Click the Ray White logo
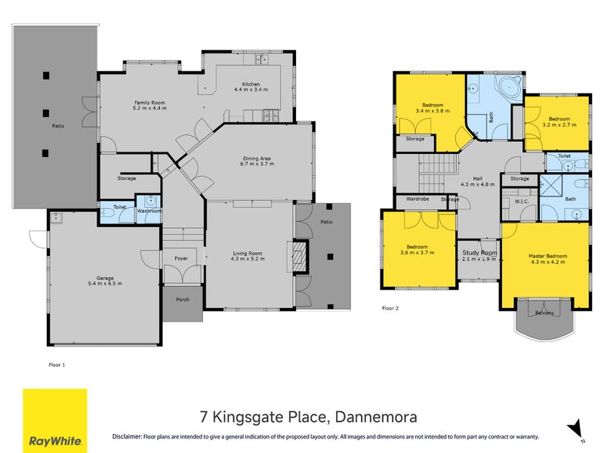point(54,421)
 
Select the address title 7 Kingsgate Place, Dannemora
point(308,417)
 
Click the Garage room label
point(104,279)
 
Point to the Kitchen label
point(251,84)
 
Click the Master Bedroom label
point(547,257)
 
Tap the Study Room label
point(479,253)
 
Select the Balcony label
point(544,313)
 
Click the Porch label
point(182,299)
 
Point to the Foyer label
point(182,258)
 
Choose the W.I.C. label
point(520,201)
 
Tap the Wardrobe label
point(418,199)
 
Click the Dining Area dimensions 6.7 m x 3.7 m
point(255,164)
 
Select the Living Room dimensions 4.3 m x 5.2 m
point(249,260)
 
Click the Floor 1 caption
point(57,364)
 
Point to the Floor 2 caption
point(390,308)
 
